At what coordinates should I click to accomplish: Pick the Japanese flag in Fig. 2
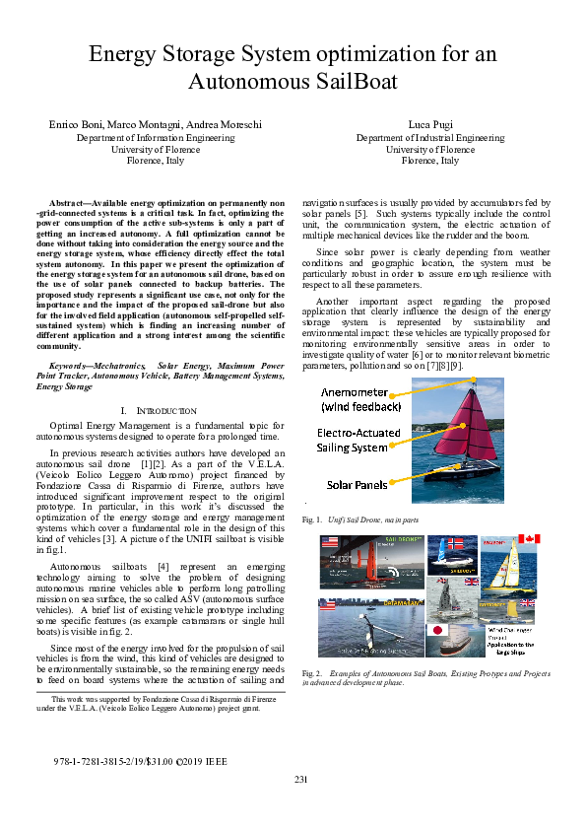pos(436,630)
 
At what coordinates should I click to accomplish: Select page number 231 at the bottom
pos(301,781)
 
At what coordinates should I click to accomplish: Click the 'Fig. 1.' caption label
pos(311,519)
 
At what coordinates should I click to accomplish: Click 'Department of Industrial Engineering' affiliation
pos(430,138)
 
